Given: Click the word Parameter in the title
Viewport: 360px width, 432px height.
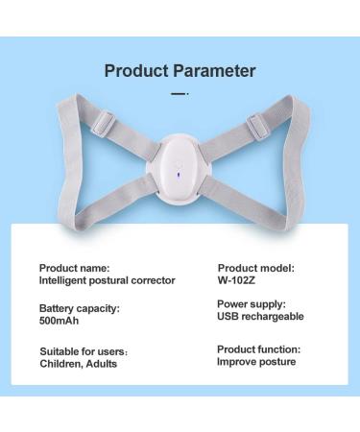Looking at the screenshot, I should [x=213, y=70].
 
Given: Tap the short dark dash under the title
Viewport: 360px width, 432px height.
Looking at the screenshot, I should [x=179, y=93].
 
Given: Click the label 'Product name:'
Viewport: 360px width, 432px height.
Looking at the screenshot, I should [x=74, y=267].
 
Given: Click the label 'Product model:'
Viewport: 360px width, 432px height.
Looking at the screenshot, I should [x=255, y=267].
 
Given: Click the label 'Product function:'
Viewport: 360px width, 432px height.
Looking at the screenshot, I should [x=258, y=348].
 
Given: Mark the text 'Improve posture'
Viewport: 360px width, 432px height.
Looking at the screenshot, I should [x=256, y=362].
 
